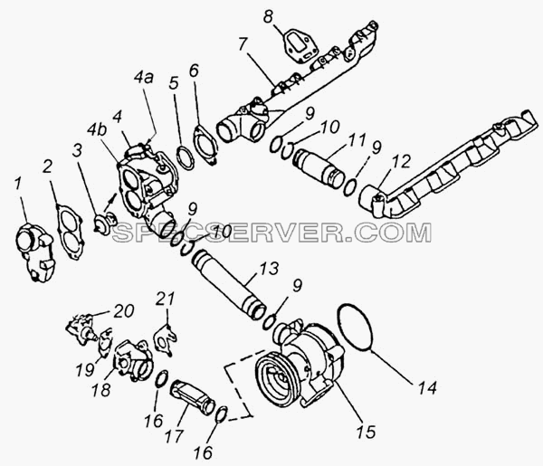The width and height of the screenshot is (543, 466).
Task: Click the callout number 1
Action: [x=18, y=185]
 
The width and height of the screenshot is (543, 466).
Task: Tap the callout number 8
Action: [x=269, y=16]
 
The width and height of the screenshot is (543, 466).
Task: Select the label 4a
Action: [x=143, y=78]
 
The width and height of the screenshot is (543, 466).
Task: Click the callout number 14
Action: [x=427, y=388]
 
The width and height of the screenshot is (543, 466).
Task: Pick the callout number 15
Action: [x=366, y=432]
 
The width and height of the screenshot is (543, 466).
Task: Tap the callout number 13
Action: [x=270, y=268]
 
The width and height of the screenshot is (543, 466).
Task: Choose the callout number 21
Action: [x=165, y=300]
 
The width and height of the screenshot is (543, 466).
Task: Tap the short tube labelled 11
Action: [x=318, y=168]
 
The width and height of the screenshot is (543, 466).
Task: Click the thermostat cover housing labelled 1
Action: [x=34, y=252]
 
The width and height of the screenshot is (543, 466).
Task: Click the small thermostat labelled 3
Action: [x=106, y=223]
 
